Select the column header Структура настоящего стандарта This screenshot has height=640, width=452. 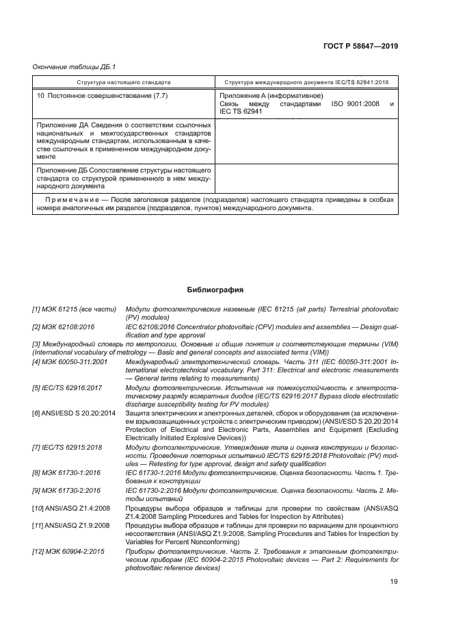pos(124,81)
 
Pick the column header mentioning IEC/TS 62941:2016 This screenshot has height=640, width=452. pos(306,81)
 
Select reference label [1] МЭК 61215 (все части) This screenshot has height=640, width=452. pos(74,310)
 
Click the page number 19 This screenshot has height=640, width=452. pos(394,582)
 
